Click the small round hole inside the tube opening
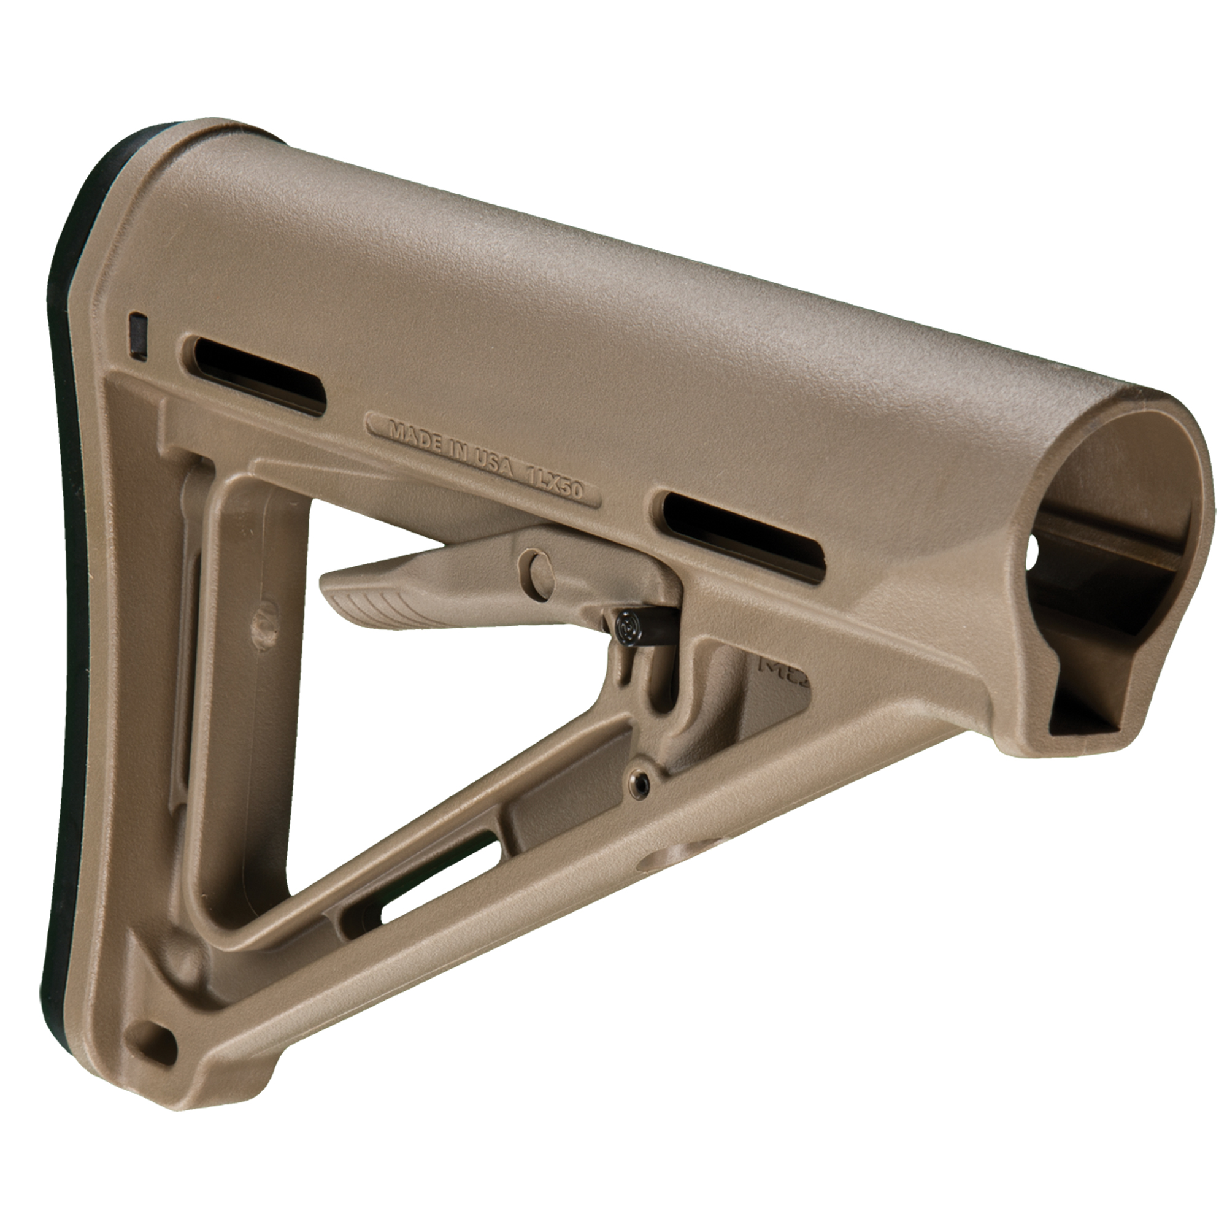click(1033, 547)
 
